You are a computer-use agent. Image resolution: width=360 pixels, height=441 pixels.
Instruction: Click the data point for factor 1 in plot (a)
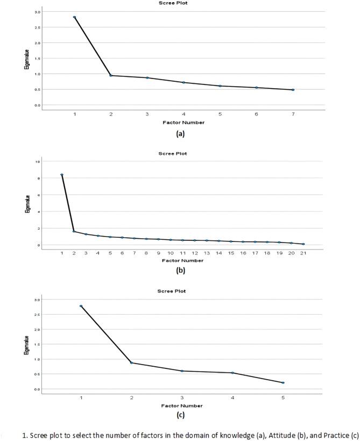[x=75, y=17]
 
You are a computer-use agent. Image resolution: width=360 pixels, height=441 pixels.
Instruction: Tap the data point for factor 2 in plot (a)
[x=111, y=75]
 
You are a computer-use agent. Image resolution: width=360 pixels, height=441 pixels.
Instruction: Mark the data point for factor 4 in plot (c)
[x=232, y=373]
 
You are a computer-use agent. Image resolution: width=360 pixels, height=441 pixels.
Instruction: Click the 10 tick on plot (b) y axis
[x=37, y=162]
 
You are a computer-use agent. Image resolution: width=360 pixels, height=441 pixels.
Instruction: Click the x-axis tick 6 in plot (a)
[x=256, y=115]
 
